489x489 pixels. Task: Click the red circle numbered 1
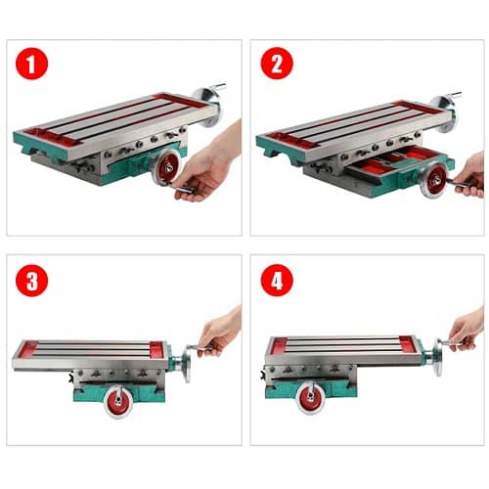[31, 64]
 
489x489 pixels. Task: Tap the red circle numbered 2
[277, 63]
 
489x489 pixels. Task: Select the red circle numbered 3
[31, 281]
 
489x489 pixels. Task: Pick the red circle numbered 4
[277, 280]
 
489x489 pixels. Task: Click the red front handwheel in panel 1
[167, 167]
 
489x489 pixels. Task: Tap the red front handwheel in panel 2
[436, 180]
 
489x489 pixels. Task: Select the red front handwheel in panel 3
[118, 401]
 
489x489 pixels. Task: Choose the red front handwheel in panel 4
[311, 397]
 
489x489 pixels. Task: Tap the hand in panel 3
[219, 331]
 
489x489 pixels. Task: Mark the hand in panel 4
[467, 330]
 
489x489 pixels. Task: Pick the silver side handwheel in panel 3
[187, 363]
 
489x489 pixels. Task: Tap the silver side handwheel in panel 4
[438, 357]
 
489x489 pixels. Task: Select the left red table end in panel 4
[280, 345]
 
